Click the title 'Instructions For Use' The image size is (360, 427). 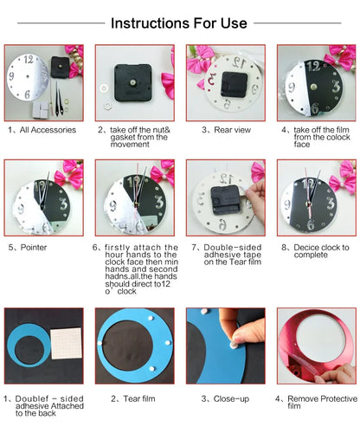(x=180, y=23)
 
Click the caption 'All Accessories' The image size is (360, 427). (x=49, y=129)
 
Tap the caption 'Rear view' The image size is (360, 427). (x=224, y=129)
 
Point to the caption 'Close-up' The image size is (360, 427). (x=224, y=398)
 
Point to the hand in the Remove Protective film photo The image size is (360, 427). (x=343, y=374)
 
